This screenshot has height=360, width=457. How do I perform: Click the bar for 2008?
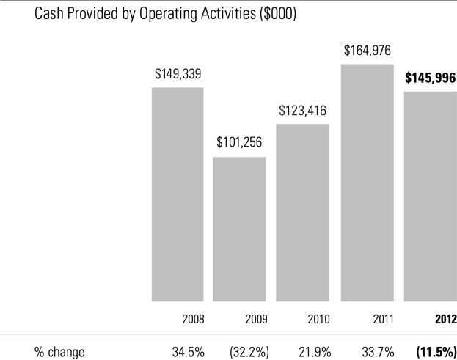pyautogui.click(x=178, y=194)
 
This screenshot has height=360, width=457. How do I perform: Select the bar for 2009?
pyautogui.click(x=239, y=229)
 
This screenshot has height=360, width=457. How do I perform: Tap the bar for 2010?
pyautogui.click(x=302, y=213)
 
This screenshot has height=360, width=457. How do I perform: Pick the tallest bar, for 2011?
pyautogui.click(x=367, y=183)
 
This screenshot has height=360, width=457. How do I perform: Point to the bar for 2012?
pyautogui.click(x=431, y=196)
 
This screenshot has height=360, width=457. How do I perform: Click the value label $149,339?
pyautogui.click(x=178, y=74)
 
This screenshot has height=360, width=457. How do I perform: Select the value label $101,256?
pyautogui.click(x=239, y=142)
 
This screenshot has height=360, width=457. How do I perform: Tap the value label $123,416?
pyautogui.click(x=302, y=111)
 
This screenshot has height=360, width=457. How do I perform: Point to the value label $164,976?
pyautogui.click(x=368, y=51)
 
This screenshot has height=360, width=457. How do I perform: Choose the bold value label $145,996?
pyautogui.click(x=431, y=78)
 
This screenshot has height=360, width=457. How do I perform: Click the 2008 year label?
pyautogui.click(x=192, y=320)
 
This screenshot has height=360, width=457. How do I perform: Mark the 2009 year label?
pyautogui.click(x=255, y=320)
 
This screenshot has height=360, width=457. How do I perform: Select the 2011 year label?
pyautogui.click(x=382, y=320)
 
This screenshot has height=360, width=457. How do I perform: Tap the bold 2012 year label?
pyautogui.click(x=445, y=320)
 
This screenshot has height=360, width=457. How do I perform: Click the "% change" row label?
pyautogui.click(x=59, y=352)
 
